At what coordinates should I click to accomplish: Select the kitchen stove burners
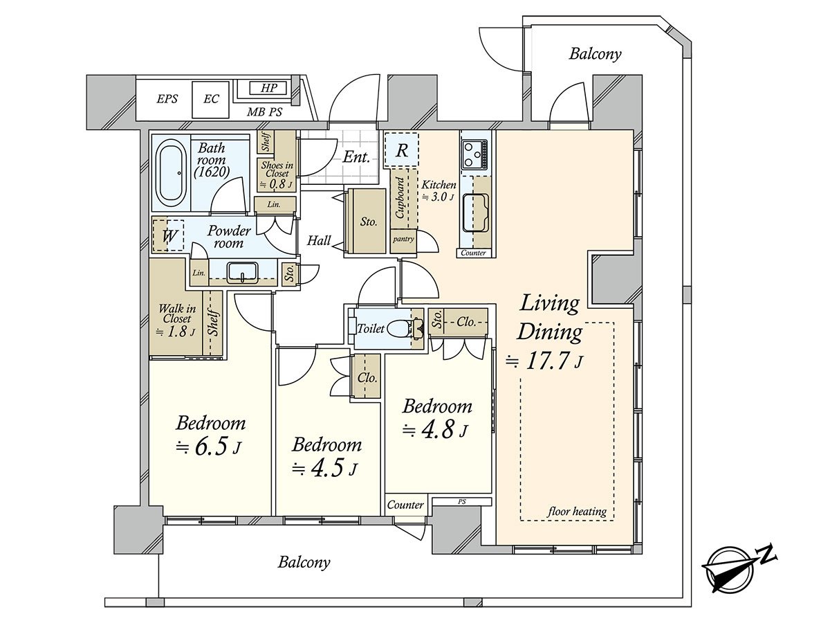(474, 154)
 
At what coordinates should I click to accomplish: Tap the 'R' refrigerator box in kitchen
(401, 150)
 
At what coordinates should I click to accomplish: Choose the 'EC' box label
(211, 99)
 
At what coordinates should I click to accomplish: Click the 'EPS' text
(167, 99)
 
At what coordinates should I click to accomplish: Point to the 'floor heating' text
(577, 512)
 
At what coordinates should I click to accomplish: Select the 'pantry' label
(403, 239)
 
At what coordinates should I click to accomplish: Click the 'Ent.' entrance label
(356, 157)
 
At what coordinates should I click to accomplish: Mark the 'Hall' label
(319, 241)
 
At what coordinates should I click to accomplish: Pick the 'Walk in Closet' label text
(176, 319)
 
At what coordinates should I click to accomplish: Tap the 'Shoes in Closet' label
(276, 174)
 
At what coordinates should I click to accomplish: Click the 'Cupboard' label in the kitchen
(400, 198)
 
